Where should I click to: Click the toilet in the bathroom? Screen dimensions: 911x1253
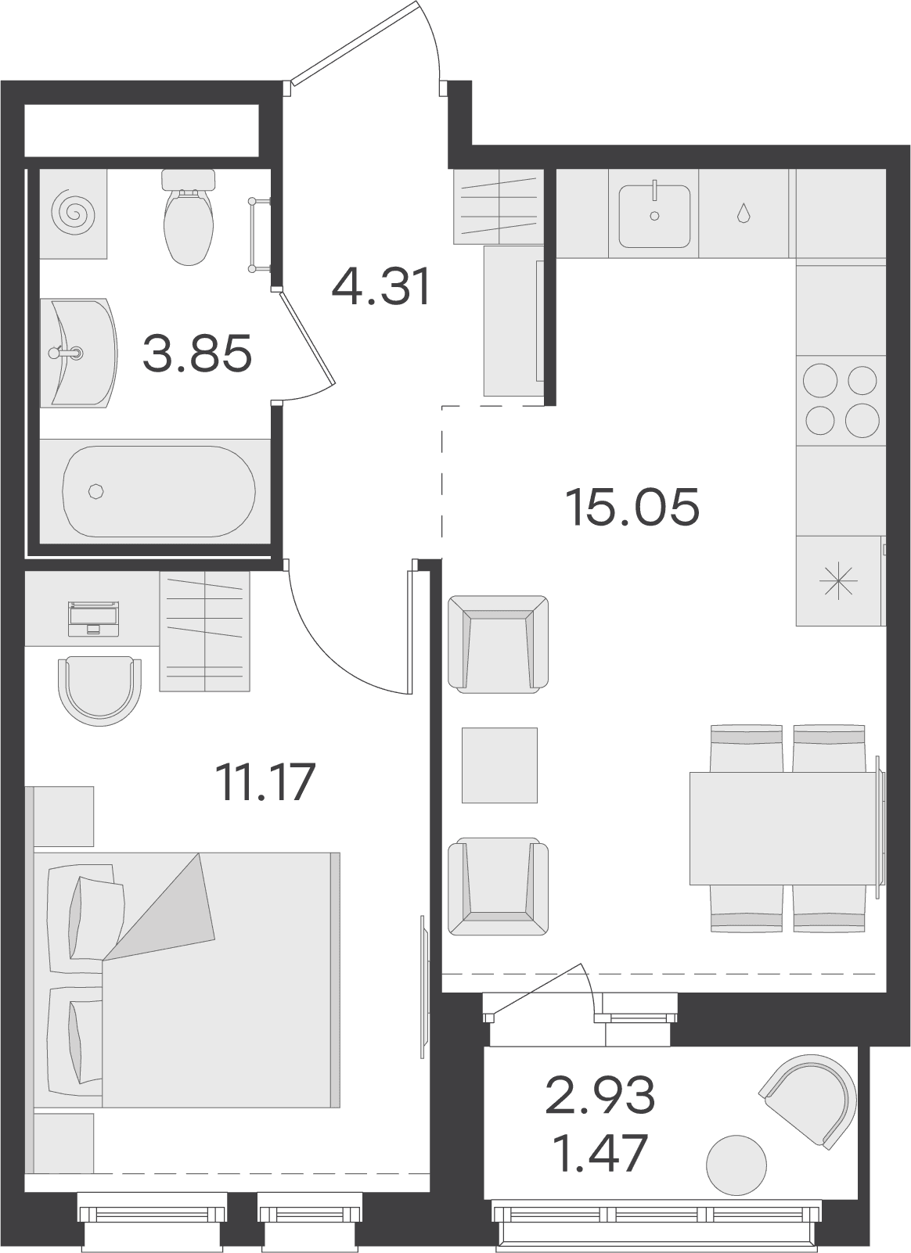coord(189,217)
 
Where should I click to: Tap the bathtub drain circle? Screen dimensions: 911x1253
coord(95,491)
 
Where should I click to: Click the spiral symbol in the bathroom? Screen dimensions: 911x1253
coord(73,213)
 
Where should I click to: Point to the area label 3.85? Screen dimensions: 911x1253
coord(197,353)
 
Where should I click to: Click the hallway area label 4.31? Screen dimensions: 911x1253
coord(381,285)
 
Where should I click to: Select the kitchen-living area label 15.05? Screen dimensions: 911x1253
coord(633,507)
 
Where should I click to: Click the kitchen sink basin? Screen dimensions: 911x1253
coord(654,216)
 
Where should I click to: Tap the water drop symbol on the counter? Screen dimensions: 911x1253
coord(744,213)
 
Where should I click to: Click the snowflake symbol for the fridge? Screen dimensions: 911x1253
coord(837,580)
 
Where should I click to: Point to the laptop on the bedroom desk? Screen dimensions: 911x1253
coord(93,619)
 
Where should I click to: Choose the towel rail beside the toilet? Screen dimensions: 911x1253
coord(260,235)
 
